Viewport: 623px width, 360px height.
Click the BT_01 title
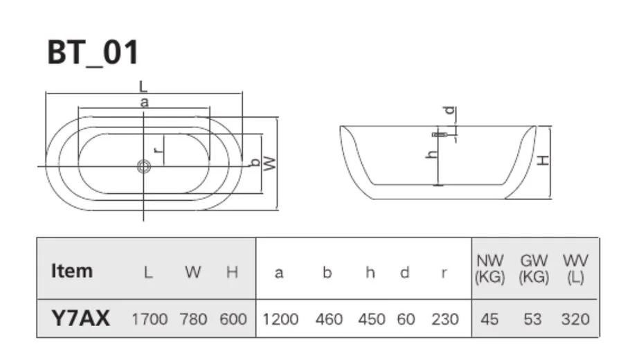93,53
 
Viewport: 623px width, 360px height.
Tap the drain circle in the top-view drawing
144,166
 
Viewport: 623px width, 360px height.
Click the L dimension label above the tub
143,87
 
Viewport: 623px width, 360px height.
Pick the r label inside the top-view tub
159,148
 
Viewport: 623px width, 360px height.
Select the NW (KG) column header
490,269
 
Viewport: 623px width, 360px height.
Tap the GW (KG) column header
534,269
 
